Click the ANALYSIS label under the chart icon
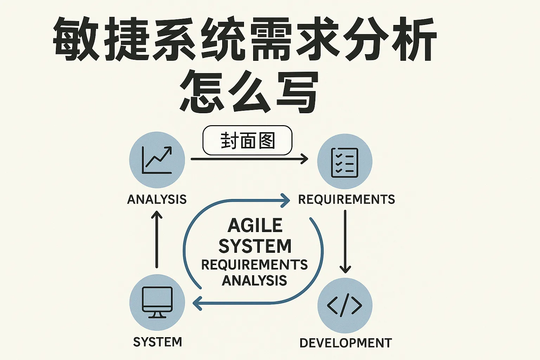[157, 199]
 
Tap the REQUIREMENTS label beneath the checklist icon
[346, 199]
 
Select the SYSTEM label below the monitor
[157, 342]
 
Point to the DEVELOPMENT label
[346, 343]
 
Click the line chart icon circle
[157, 160]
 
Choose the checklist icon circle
[345, 162]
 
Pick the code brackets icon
[345, 305]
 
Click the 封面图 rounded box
[247, 141]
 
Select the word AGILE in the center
[255, 225]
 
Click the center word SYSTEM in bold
[255, 246]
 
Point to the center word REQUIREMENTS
[254, 264]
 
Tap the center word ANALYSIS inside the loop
[254, 281]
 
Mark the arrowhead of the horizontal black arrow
[305, 159]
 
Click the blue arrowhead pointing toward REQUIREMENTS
[285, 201]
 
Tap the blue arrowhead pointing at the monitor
[197, 303]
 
